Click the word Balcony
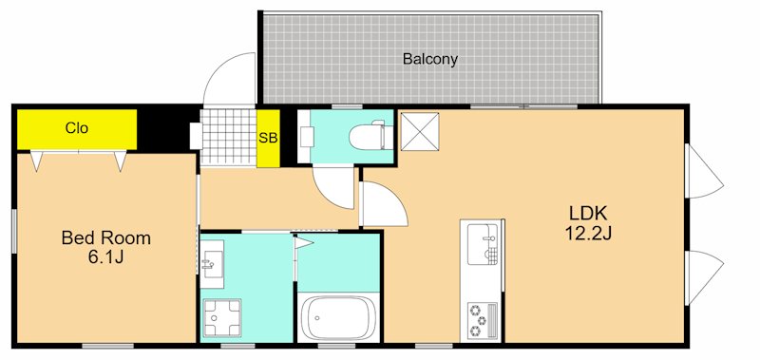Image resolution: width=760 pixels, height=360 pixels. pyautogui.click(x=430, y=59)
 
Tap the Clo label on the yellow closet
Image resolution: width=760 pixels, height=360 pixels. pyautogui.click(x=77, y=127)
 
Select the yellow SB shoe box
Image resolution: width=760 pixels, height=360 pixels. pyautogui.click(x=268, y=139)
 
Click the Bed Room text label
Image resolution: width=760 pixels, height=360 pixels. pyautogui.click(x=105, y=237)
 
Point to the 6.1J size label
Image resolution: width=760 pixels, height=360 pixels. pyautogui.click(x=105, y=257)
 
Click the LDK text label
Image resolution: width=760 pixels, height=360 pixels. pyautogui.click(x=587, y=213)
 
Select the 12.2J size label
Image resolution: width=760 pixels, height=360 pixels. pyautogui.click(x=587, y=233)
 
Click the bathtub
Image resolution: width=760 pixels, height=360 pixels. pyautogui.click(x=339, y=317)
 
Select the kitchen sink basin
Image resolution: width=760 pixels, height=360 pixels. pyautogui.click(x=484, y=243)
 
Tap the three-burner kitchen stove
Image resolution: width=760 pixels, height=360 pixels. pyautogui.click(x=482, y=320)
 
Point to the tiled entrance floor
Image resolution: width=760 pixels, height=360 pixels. pyautogui.click(x=228, y=139)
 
